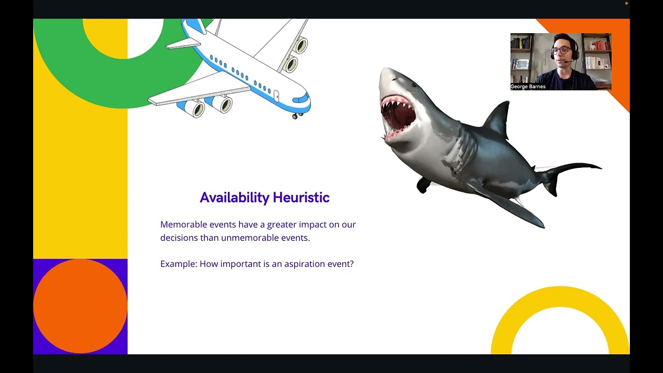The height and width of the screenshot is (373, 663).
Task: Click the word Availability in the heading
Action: [234, 198]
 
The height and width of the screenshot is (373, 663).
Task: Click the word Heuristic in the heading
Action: [301, 197]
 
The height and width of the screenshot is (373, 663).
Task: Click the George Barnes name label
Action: [528, 87]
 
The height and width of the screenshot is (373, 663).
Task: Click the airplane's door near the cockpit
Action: [276, 96]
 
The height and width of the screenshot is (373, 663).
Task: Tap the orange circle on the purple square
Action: [80, 306]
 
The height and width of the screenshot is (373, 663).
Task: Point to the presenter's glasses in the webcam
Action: [561, 50]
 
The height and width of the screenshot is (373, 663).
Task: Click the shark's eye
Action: [414, 85]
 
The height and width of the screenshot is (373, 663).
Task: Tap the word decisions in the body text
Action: [179, 238]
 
